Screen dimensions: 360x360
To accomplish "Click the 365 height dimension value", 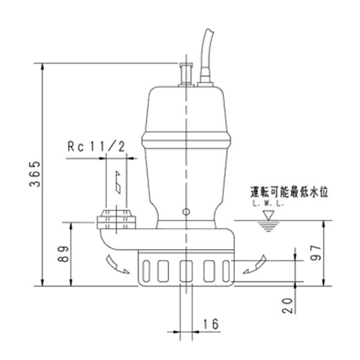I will [x=35, y=174].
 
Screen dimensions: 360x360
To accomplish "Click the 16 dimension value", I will [x=211, y=324].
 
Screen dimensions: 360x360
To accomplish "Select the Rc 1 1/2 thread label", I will [x=97, y=146].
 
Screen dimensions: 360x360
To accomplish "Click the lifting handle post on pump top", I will [x=185, y=74].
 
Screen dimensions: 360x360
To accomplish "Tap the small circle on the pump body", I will [x=186, y=212].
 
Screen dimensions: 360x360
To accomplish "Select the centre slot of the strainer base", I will [x=186, y=271].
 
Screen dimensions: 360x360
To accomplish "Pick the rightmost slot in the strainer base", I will [x=226, y=271].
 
